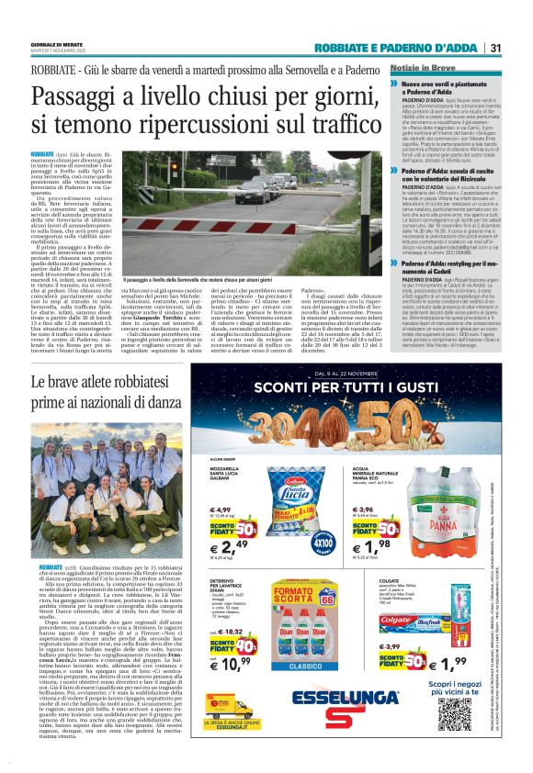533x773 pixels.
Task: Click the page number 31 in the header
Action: click(x=494, y=49)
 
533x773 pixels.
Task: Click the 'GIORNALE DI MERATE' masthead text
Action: click(x=55, y=46)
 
